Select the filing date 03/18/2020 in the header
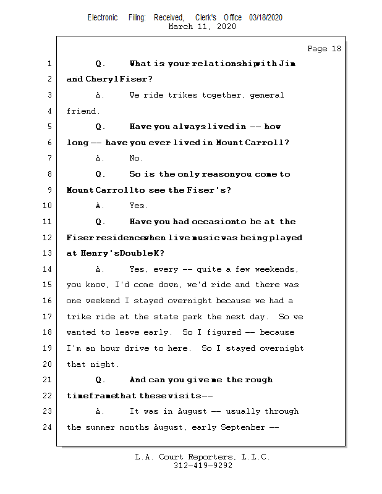(x=266, y=18)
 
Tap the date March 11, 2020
(x=202, y=27)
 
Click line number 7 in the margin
(x=49, y=158)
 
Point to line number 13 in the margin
(x=47, y=253)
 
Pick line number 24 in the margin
(x=47, y=427)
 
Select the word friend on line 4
(x=82, y=111)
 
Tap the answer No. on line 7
(x=136, y=158)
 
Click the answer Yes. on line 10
(x=138, y=206)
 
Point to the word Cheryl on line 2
(x=104, y=79)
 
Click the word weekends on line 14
(x=278, y=269)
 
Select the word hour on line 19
(x=114, y=348)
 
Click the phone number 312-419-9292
(x=203, y=466)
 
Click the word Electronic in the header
(x=103, y=18)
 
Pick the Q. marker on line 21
(x=101, y=380)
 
